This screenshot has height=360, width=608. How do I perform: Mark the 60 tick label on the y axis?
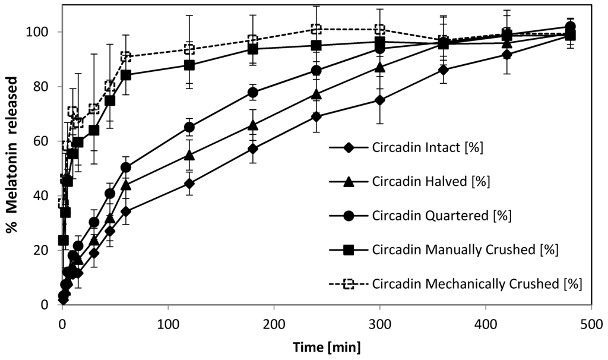point(48,141)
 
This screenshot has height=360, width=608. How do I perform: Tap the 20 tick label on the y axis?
point(48,250)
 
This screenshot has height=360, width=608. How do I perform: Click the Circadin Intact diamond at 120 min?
point(189,183)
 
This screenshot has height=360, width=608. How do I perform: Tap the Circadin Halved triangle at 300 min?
point(380,67)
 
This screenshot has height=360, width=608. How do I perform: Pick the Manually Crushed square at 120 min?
point(189,65)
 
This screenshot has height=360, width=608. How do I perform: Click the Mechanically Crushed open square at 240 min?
point(316,29)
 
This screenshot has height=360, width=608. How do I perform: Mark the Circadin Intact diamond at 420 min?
point(506,54)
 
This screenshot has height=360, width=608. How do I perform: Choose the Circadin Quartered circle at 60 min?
point(126,167)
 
